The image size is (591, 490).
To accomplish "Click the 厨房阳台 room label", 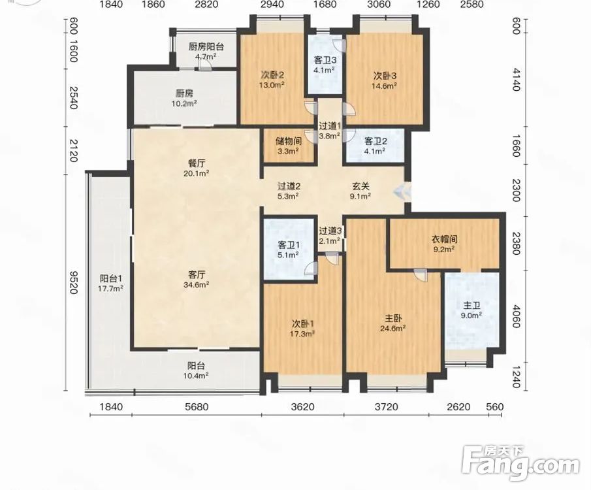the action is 206,47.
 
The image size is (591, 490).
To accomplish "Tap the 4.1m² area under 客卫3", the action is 325,70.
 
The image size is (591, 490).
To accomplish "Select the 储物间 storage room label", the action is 289,142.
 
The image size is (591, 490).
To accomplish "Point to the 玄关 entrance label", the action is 360,186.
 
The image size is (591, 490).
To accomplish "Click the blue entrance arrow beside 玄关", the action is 402,192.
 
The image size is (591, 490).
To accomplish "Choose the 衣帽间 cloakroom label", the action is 444,239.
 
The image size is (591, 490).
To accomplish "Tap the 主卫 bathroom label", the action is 471,306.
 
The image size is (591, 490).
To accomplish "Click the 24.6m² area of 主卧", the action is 392,328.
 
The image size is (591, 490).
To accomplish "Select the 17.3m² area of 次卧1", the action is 302,334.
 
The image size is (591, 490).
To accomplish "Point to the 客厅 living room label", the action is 197,274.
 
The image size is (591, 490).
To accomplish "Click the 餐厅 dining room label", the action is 197,163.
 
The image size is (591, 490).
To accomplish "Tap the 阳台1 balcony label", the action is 111,279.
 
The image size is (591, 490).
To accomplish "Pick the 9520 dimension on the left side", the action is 73,282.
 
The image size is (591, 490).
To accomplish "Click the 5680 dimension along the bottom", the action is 197,407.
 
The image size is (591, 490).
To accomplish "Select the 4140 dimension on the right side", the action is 516,80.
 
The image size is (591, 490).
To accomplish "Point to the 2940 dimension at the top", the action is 272,5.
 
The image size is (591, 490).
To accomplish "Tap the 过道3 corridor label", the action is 330,231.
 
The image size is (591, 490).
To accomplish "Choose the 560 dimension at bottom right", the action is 495,407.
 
